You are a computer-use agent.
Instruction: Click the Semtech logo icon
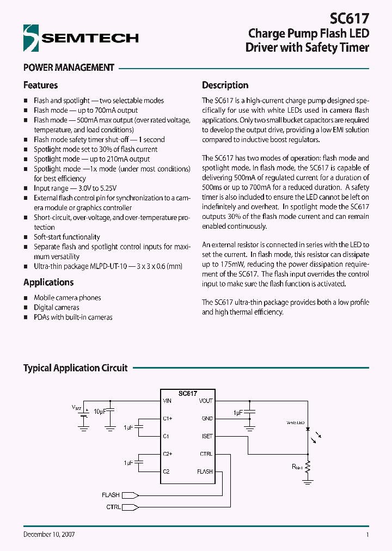click(31, 38)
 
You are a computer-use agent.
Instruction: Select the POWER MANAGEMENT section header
click(69, 68)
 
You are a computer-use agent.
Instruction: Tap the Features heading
click(40, 85)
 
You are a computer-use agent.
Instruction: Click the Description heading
click(225, 85)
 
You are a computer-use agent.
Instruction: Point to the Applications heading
click(48, 282)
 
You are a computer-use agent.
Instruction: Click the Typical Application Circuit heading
click(75, 368)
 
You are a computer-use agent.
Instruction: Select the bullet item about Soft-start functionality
click(66, 237)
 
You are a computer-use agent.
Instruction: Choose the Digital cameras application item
click(56, 307)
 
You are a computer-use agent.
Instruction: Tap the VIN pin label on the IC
click(167, 401)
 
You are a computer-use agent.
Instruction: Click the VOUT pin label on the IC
click(206, 401)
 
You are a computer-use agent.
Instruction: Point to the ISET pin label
click(207, 436)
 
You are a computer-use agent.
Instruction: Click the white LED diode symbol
click(308, 430)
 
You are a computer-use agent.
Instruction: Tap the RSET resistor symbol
click(308, 467)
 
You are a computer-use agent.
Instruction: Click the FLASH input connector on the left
click(130, 495)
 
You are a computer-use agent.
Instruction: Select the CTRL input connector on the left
click(130, 507)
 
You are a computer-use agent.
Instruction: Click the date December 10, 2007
click(49, 534)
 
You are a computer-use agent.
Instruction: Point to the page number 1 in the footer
click(367, 535)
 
